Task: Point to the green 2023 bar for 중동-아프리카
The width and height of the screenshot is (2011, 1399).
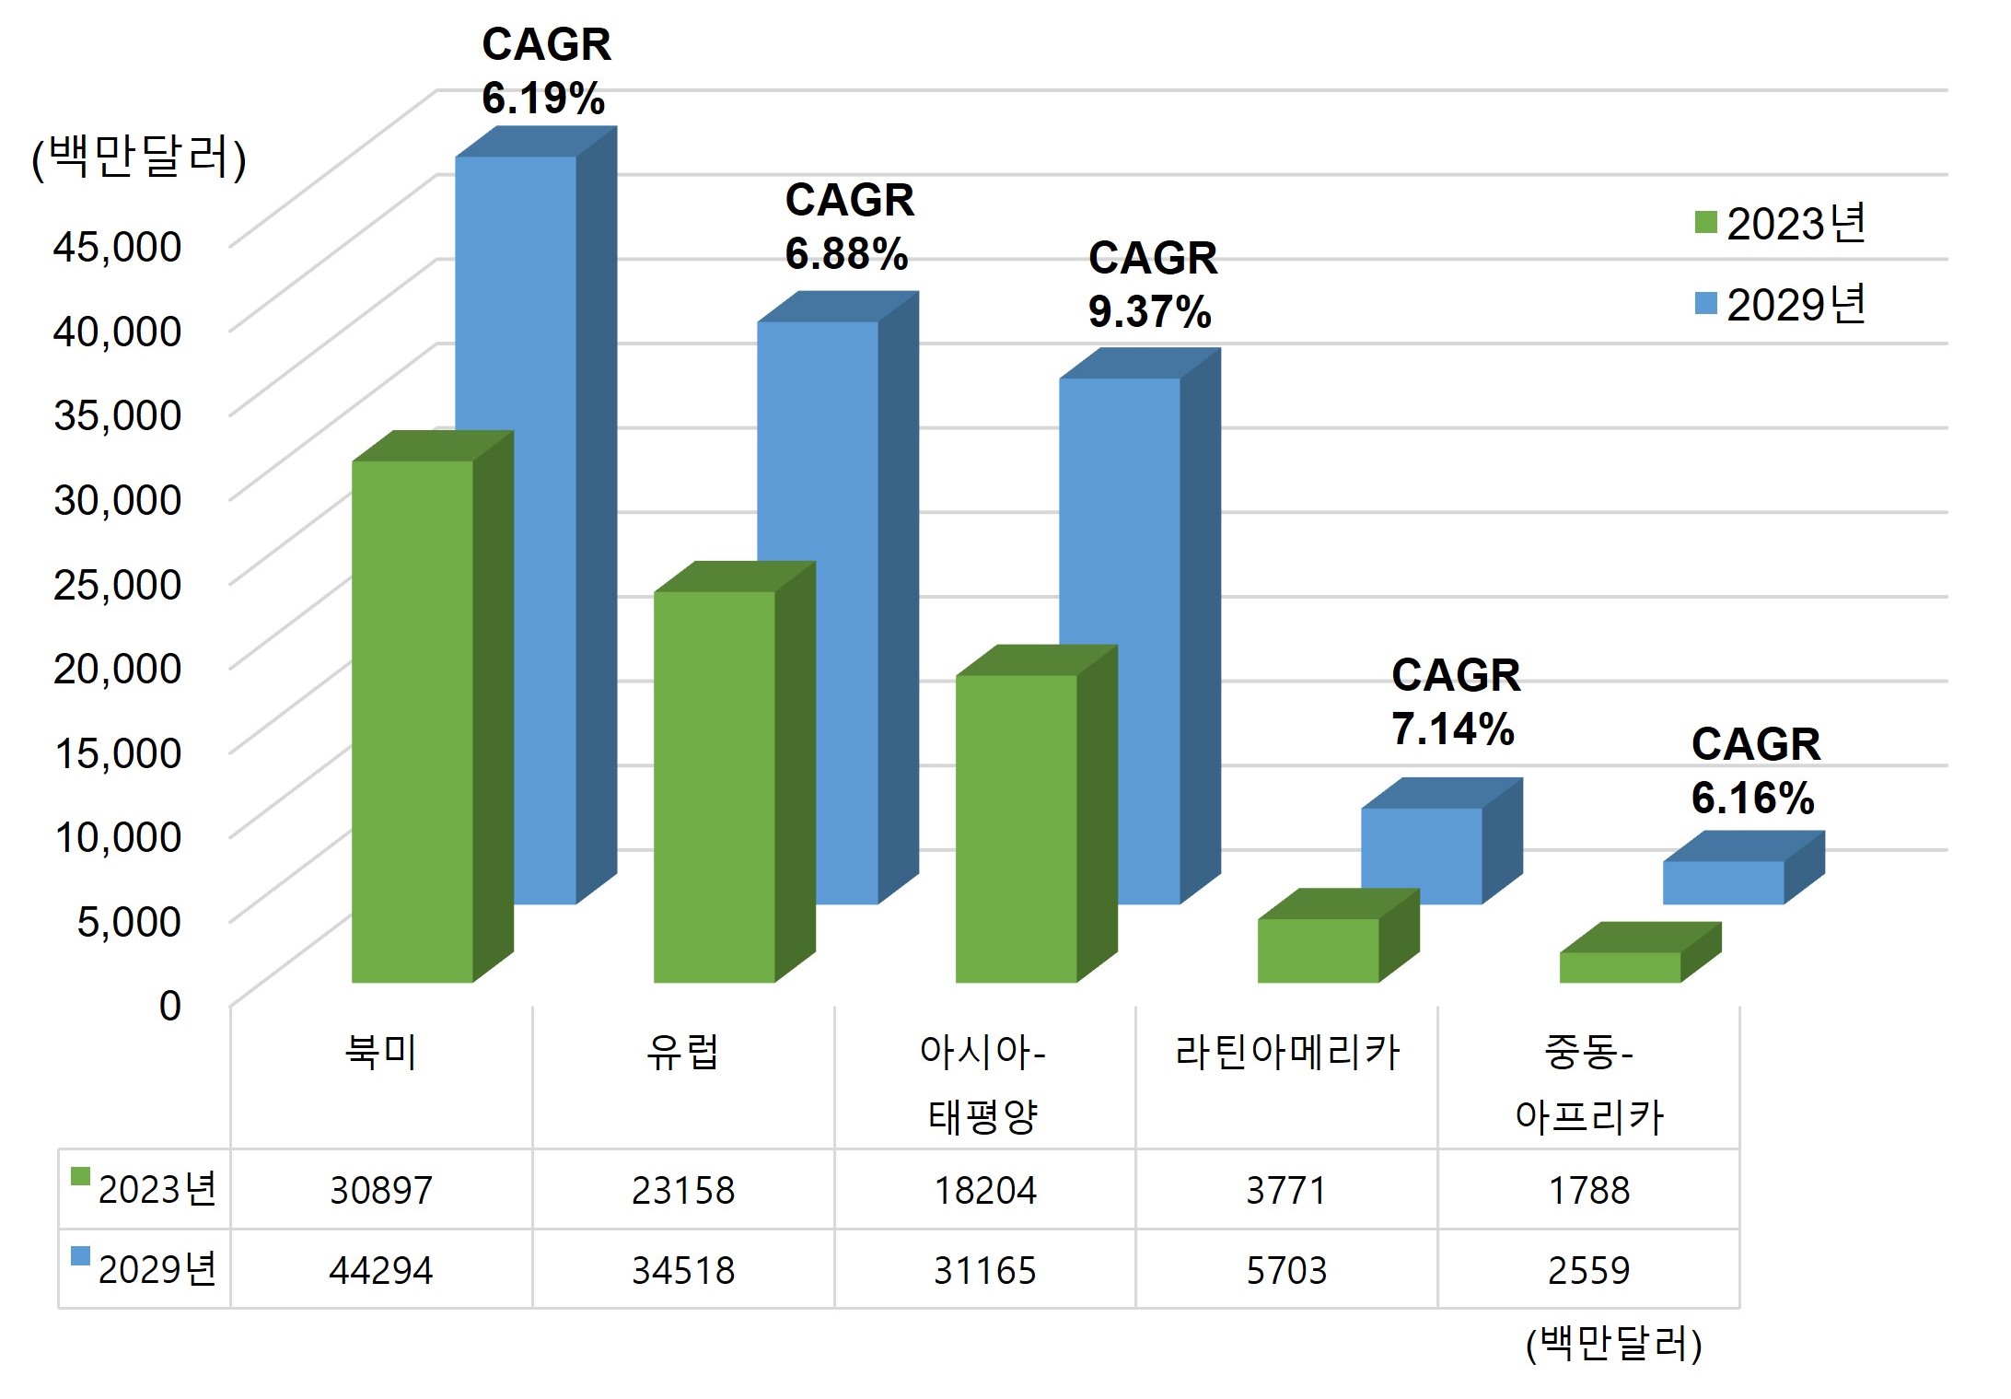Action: click(1620, 967)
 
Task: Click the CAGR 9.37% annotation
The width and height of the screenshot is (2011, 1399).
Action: click(1152, 285)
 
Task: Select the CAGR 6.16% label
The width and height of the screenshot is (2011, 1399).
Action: click(1755, 771)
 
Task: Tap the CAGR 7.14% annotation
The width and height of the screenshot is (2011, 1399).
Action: click(1455, 702)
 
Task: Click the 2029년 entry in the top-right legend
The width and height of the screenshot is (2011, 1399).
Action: click(1781, 304)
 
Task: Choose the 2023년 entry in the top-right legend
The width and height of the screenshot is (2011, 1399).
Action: click(1781, 224)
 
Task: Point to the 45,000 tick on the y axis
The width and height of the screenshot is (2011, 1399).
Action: click(117, 247)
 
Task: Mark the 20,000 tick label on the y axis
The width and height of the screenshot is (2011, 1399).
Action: click(117, 669)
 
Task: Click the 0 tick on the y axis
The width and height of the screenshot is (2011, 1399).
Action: click(170, 1006)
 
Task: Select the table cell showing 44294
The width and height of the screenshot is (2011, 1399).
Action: click(381, 1271)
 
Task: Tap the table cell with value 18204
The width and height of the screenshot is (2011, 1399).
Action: click(985, 1191)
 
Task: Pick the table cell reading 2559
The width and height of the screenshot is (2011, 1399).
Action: click(1588, 1271)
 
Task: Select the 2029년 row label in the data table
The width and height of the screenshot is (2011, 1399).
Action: click(145, 1269)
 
